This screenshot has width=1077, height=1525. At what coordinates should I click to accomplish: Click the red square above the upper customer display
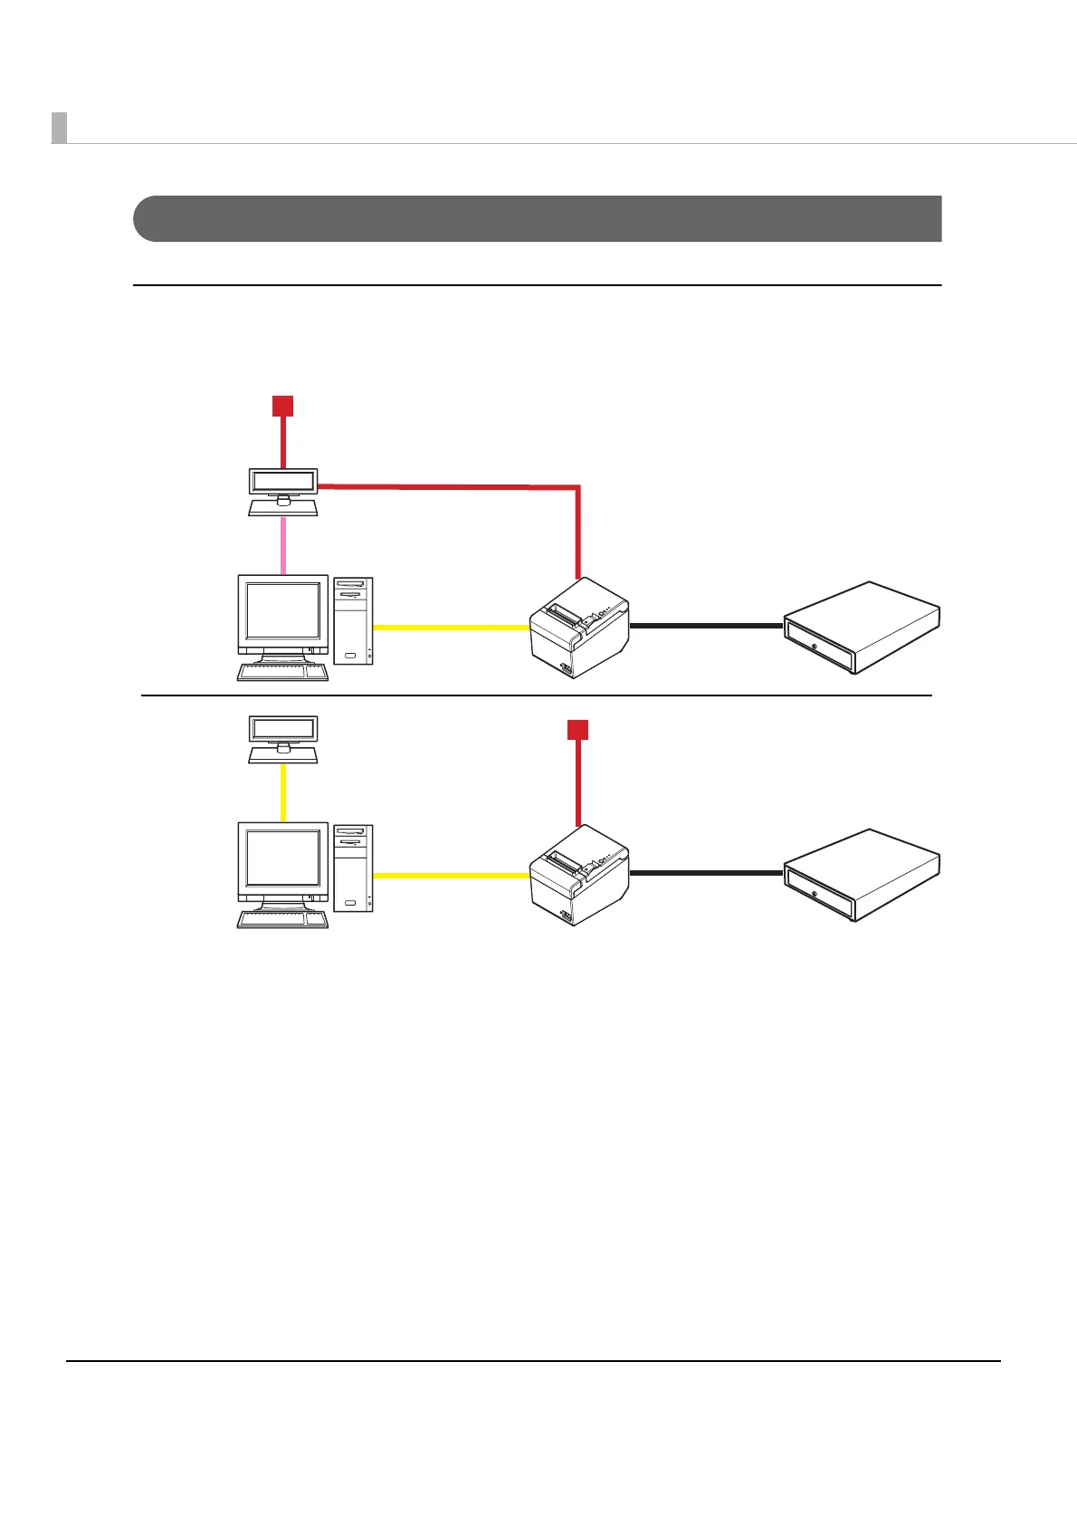click(283, 406)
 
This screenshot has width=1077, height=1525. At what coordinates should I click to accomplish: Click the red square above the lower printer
click(577, 730)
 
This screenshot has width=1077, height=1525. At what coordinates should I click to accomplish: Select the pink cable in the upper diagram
click(283, 545)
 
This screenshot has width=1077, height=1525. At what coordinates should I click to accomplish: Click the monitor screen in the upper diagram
click(283, 611)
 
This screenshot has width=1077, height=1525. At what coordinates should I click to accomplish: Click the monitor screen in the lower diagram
click(283, 858)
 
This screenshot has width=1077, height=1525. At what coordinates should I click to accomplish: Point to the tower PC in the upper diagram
click(353, 620)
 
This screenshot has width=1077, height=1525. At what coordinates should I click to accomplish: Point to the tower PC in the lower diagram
click(353, 868)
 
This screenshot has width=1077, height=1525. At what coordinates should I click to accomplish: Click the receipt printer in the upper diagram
click(579, 627)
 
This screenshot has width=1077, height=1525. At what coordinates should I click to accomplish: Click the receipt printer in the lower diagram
click(579, 875)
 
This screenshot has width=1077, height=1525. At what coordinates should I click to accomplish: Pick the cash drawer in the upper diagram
click(862, 627)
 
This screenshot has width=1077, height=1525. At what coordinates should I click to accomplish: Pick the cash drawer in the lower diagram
click(862, 875)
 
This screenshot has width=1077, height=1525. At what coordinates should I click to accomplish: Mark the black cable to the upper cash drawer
click(706, 625)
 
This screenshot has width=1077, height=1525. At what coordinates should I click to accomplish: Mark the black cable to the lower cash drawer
click(706, 873)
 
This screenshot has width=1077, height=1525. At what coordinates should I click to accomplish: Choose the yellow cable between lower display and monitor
click(283, 792)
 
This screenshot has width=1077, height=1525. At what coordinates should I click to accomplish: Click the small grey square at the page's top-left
click(59, 128)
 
